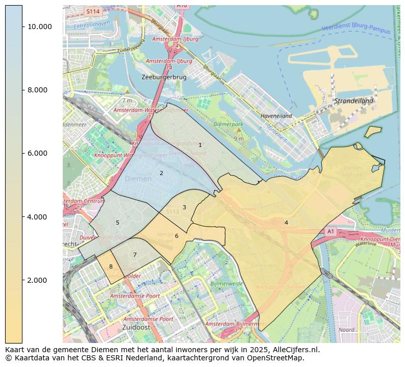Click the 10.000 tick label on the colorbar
[39, 27]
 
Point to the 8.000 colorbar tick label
[37, 90]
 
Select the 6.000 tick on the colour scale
[37, 153]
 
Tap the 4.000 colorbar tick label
[37, 217]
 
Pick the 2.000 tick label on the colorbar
[37, 280]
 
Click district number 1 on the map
[200, 145]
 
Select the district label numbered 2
[161, 173]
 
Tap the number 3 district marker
[184, 207]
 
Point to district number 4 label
[286, 223]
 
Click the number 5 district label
[117, 223]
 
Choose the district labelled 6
[176, 236]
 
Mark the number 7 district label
[135, 255]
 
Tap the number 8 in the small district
[111, 266]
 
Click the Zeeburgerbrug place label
[164, 77]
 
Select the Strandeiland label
[353, 101]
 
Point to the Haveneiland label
[276, 116]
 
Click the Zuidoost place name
[136, 327]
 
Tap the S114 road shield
[92, 11]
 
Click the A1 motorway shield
[330, 231]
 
